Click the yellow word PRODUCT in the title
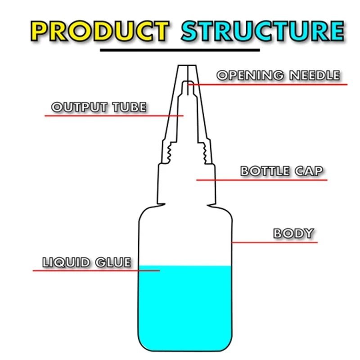(100, 31)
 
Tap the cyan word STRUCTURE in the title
(263, 31)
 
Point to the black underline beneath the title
(180, 50)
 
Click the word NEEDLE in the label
(315, 75)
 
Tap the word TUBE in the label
(129, 107)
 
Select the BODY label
(294, 233)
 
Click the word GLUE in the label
(113, 262)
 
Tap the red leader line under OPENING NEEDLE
(267, 85)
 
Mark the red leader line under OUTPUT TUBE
(114, 116)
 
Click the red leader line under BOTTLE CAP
(262, 180)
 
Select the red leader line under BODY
(274, 242)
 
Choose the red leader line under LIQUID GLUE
(96, 271)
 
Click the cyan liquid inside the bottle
(185, 308)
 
